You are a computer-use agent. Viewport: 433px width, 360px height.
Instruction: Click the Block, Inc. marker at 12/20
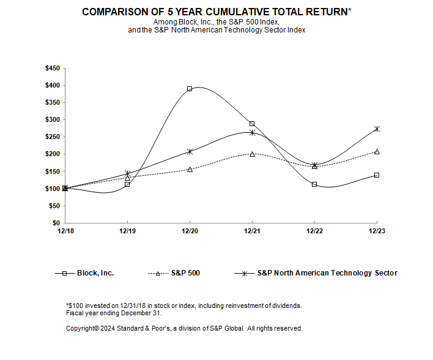190,89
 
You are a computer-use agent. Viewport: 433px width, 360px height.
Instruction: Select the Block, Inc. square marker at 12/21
252,124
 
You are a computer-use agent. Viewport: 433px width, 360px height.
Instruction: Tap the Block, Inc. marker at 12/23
377,175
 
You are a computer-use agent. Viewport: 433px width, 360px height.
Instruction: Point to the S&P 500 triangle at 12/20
190,169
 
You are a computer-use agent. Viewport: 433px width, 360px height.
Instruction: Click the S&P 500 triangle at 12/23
377,151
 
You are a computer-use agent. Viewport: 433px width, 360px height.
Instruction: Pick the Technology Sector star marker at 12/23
377,129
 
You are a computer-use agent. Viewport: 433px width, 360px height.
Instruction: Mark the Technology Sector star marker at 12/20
190,151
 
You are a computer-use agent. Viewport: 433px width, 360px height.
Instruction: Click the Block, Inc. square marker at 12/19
127,184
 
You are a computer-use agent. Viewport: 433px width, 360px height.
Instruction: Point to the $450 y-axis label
52,68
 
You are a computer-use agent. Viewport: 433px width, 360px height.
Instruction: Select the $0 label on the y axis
56,223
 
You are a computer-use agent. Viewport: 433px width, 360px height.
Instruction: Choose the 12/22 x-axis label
314,231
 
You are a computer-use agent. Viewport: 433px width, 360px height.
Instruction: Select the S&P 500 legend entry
183,273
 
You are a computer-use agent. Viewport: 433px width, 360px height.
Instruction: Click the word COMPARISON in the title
113,12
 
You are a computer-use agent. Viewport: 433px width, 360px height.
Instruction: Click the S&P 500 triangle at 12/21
252,154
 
